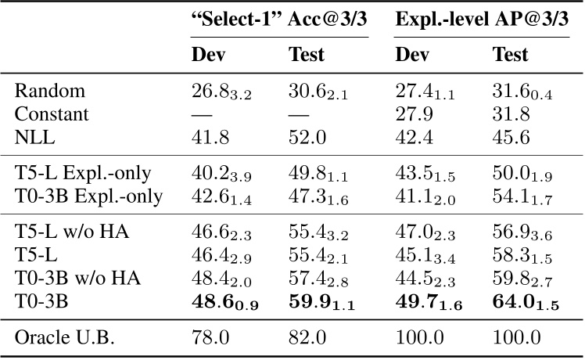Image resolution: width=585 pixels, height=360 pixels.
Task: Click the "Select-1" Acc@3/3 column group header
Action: click(x=280, y=23)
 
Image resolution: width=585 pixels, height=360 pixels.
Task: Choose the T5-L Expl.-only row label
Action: click(x=83, y=173)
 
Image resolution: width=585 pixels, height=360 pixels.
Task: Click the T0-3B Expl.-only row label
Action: click(x=88, y=195)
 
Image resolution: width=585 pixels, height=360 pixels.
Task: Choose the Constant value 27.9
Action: click(x=412, y=114)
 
